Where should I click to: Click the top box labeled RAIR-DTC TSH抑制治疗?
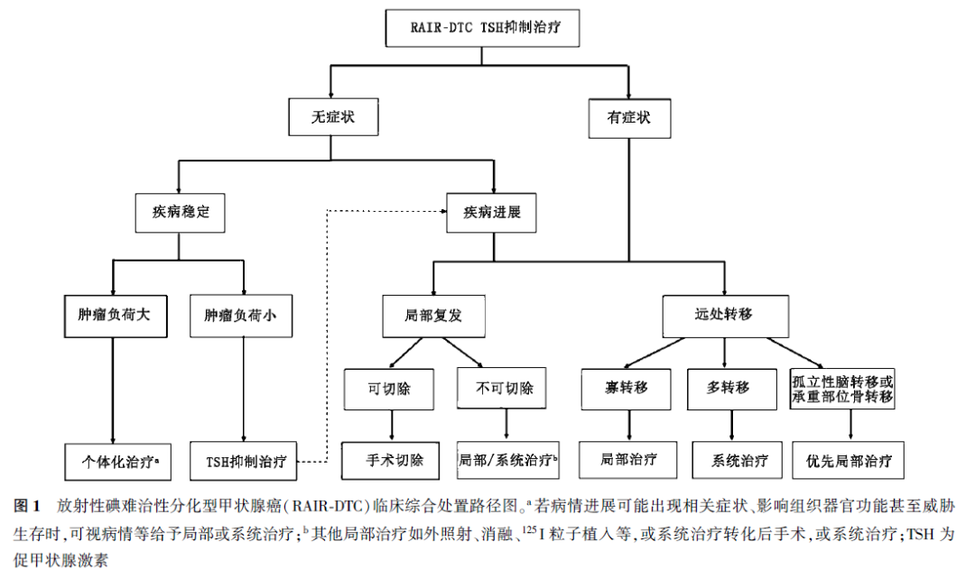(481, 28)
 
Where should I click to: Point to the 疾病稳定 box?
(179, 213)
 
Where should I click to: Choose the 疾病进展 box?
(493, 213)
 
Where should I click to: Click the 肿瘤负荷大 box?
(116, 317)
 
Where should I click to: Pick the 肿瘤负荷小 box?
(240, 317)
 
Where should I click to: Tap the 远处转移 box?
(724, 315)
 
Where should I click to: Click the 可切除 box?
(391, 389)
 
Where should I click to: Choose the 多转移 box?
(729, 389)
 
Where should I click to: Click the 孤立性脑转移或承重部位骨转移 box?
(842, 389)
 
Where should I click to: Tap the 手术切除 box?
(391, 459)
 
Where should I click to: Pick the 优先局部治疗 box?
(849, 460)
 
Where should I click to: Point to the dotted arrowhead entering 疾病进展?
(444, 213)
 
